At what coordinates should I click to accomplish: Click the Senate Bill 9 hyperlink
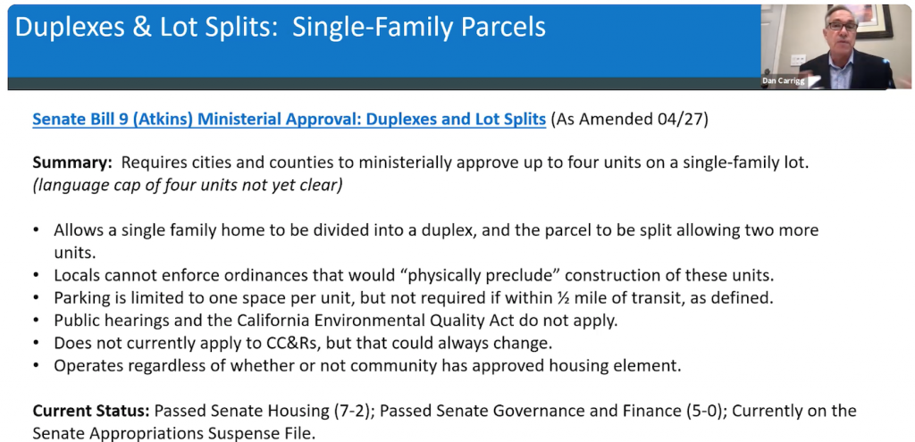coord(289,121)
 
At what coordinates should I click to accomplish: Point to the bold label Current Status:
coord(91,411)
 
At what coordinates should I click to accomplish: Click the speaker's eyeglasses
coord(842,26)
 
